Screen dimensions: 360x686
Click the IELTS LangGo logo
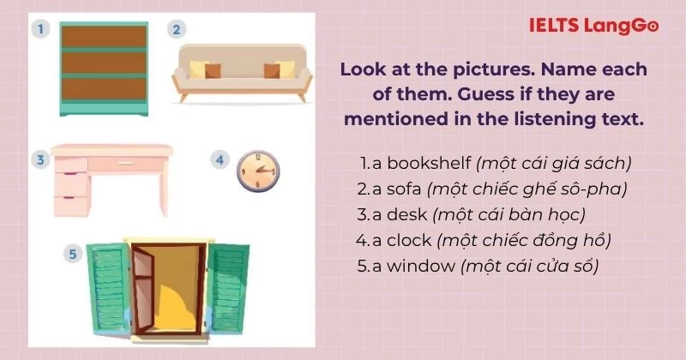click(593, 27)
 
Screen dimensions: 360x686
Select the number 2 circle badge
click(175, 30)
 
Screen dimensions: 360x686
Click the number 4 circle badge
click(220, 159)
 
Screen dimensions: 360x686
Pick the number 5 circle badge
click(74, 254)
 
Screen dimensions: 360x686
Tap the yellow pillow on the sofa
click(199, 69)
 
